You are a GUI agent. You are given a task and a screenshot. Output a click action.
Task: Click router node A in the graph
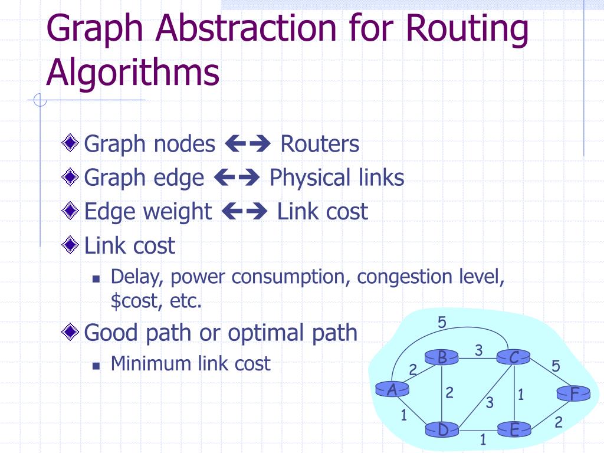click(x=392, y=389)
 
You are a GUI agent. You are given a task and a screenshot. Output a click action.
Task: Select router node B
click(x=442, y=357)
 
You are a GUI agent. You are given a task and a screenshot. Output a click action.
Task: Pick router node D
click(x=443, y=431)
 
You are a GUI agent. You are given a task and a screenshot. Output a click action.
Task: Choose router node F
click(x=574, y=394)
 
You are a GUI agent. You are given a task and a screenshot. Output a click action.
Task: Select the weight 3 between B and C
click(x=479, y=350)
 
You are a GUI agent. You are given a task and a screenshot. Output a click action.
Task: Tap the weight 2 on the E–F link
click(x=558, y=422)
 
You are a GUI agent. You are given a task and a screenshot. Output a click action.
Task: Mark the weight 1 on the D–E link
click(x=482, y=439)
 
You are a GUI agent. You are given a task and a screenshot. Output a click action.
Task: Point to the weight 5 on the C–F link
click(x=556, y=366)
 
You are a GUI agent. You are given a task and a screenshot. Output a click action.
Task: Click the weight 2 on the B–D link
click(x=449, y=392)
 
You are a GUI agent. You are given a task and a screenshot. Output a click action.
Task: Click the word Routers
click(x=320, y=143)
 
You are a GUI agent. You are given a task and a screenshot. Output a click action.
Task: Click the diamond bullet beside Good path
click(x=71, y=333)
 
